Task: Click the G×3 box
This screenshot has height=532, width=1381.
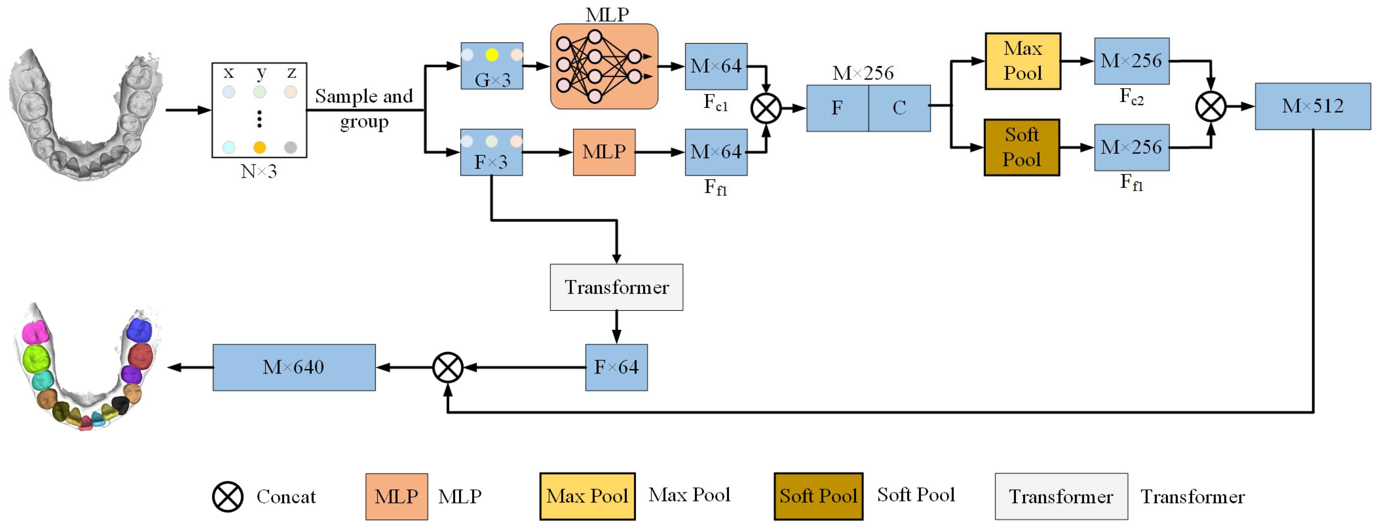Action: click(x=492, y=66)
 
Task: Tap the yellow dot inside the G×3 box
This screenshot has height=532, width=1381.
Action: click(x=492, y=55)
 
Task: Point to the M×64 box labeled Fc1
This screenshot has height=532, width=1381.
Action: click(x=716, y=67)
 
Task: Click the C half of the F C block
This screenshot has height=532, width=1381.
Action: click(x=899, y=108)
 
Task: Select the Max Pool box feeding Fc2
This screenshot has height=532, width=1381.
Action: click(x=1023, y=61)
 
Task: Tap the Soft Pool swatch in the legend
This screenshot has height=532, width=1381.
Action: click(x=818, y=496)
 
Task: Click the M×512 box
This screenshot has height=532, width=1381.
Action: click(x=1312, y=106)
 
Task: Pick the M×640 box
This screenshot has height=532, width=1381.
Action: click(x=294, y=368)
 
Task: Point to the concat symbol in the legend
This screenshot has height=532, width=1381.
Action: click(x=228, y=497)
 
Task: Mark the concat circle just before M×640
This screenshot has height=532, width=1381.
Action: click(x=448, y=368)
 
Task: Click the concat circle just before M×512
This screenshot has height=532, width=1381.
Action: click(x=1210, y=106)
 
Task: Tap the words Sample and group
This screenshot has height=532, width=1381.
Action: click(x=364, y=109)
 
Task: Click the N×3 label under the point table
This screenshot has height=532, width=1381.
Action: click(x=259, y=171)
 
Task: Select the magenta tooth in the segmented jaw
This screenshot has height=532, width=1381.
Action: click(x=35, y=333)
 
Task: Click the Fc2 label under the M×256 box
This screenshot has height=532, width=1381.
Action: click(x=1131, y=96)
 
